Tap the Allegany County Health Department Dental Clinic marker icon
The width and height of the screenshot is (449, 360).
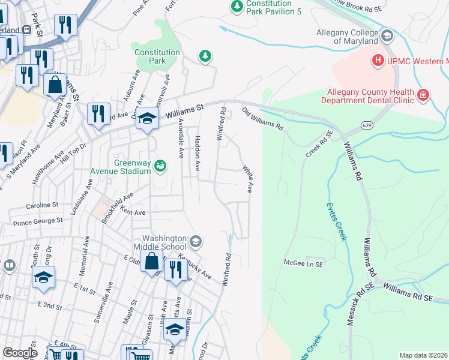423,95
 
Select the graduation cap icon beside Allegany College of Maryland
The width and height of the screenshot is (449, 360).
387,36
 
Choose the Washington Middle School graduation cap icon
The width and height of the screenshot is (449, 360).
195,242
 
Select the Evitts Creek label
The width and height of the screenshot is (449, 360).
337,221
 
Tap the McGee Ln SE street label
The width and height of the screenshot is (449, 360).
303,263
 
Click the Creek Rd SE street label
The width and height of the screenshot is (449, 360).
319,145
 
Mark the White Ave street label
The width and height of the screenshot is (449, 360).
247,179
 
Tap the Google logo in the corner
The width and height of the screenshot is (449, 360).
20,353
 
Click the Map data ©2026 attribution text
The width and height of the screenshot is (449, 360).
423,355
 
